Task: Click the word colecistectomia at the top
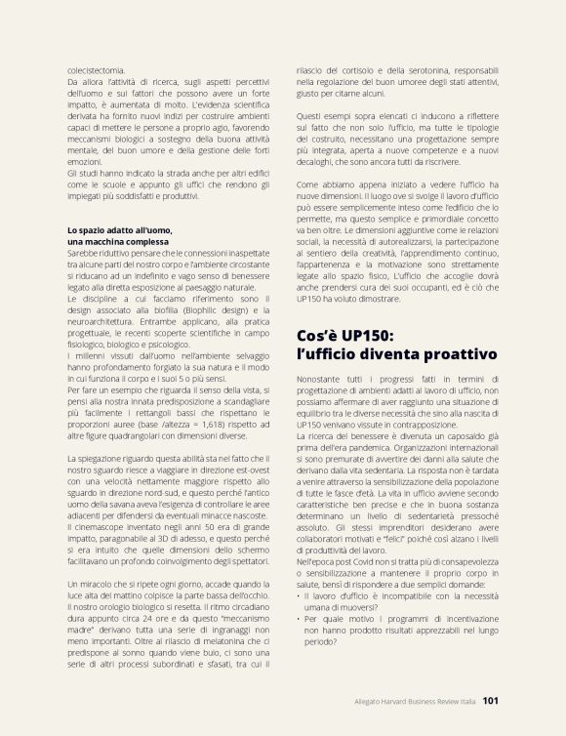point(96,70)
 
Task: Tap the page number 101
point(491,700)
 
